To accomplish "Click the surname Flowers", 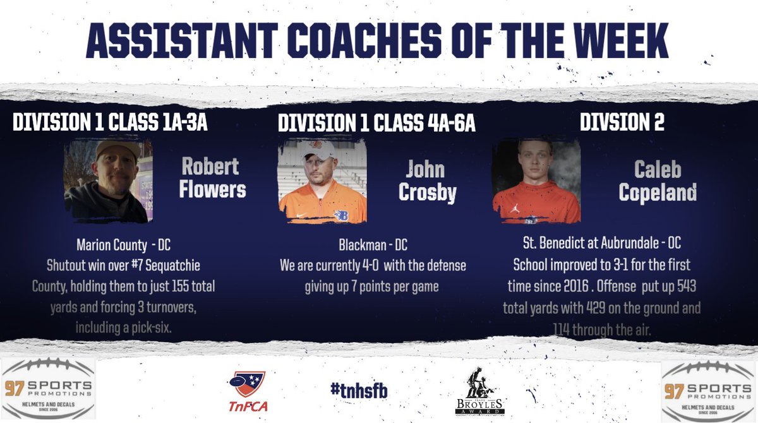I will pyautogui.click(x=212, y=189).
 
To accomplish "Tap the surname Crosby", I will pyautogui.click(x=428, y=193).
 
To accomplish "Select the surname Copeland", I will pyautogui.click(x=658, y=193).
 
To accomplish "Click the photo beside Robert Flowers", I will pyautogui.click(x=108, y=181).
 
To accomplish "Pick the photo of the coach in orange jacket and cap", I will pyautogui.click(x=323, y=182).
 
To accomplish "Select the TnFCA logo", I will pyautogui.click(x=247, y=391).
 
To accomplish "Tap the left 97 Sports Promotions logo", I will pyautogui.click(x=48, y=389).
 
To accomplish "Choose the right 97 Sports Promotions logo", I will pyautogui.click(x=709, y=389).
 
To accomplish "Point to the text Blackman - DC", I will pyautogui.click(x=373, y=244).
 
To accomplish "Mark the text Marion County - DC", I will pyautogui.click(x=124, y=244).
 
